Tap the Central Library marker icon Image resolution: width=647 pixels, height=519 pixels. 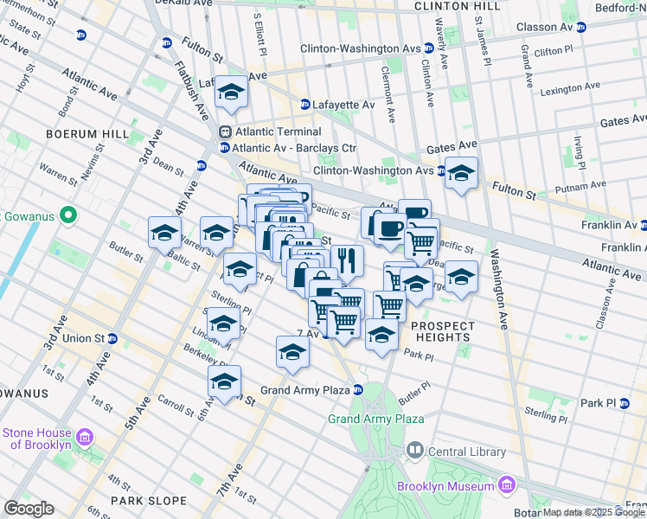click(x=415, y=451)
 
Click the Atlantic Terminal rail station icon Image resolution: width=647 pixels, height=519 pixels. click(x=225, y=132)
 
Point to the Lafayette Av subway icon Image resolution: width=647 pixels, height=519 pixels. click(x=305, y=105)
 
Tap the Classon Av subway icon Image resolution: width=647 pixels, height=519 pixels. click(x=581, y=27)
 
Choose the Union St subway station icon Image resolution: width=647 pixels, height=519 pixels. click(x=113, y=337)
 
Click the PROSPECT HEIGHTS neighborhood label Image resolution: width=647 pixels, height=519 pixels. click(x=443, y=331)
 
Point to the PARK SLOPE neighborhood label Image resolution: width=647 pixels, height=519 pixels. click(x=148, y=501)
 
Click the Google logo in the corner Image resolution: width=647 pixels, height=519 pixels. click(x=29, y=509)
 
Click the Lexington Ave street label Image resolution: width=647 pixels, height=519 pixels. click(x=569, y=89)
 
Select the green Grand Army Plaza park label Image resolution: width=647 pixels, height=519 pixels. click(x=375, y=420)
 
